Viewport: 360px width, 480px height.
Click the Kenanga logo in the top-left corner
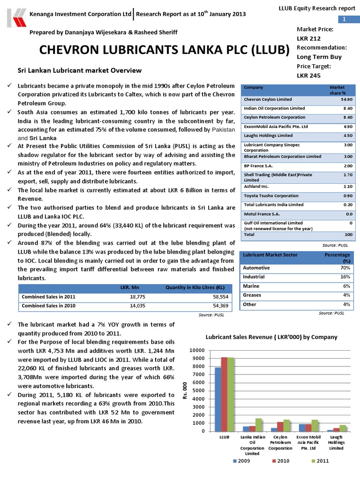coord(14,17)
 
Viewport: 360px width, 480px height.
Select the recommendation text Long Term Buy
coord(319,57)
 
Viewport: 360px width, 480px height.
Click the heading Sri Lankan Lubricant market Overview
coord(79,70)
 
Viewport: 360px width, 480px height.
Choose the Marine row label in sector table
coord(251,286)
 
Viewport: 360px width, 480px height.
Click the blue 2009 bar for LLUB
coord(218,399)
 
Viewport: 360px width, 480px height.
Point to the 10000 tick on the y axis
coord(197,351)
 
